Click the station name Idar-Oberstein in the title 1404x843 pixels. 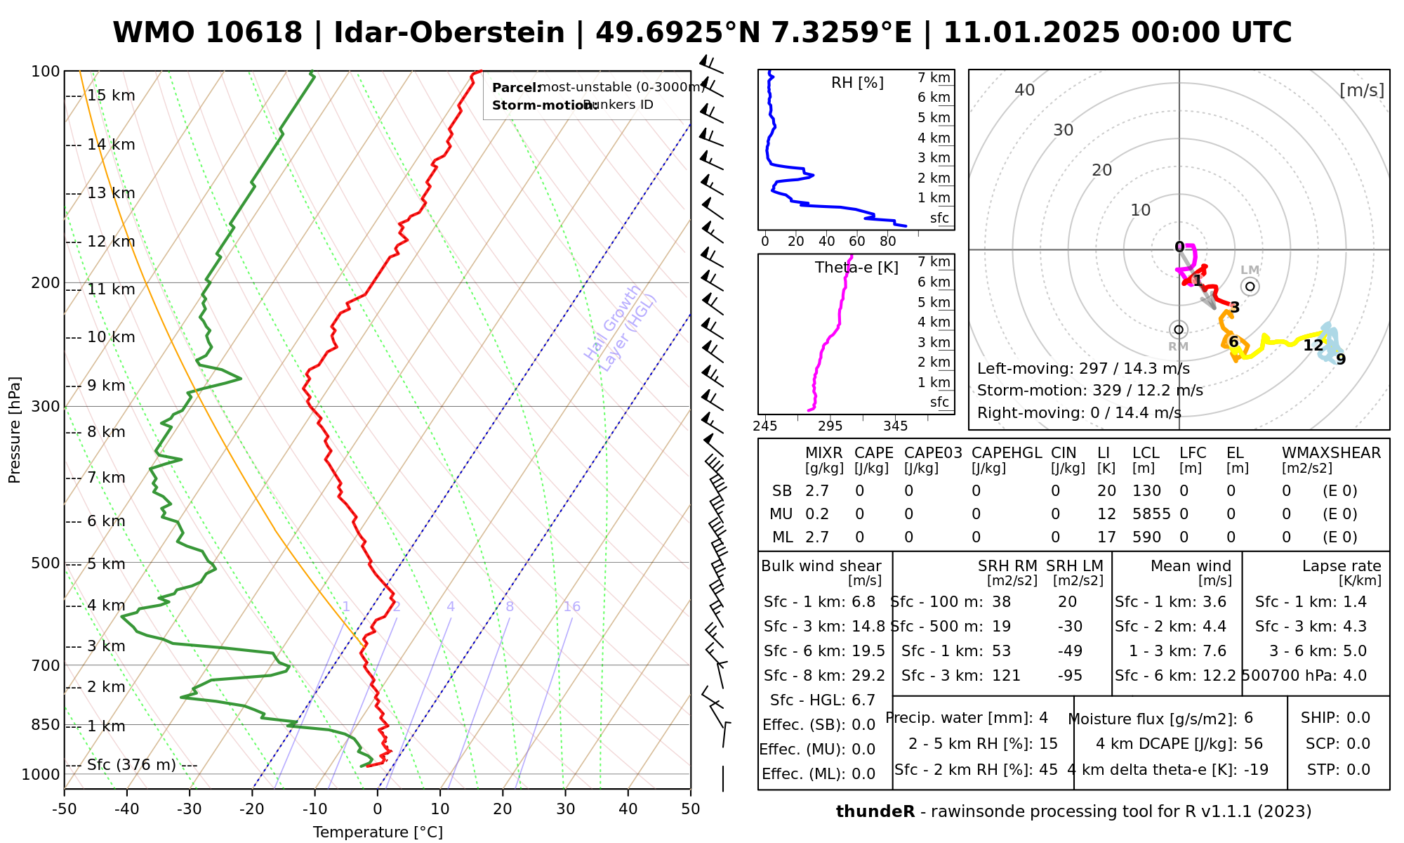coord(449,33)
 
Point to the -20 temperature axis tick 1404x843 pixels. coord(252,809)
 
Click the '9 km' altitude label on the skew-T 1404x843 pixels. coord(106,386)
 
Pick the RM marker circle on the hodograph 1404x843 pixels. coord(1179,329)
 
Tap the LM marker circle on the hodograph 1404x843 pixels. coord(1250,287)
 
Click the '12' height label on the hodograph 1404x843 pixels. coord(1313,346)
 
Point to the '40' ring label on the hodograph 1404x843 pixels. coord(1025,90)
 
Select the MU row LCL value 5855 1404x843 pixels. coord(1151,514)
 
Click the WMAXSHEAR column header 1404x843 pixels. coord(1331,453)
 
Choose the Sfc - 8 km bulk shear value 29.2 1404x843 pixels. coord(868,676)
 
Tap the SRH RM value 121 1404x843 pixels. coord(1006,676)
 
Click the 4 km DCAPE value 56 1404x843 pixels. coord(1253,744)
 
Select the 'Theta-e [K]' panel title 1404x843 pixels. coord(856,268)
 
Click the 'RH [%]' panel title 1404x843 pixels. coord(857,83)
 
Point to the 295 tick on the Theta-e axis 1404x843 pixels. coord(830,426)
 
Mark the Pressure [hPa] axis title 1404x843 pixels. coord(15,430)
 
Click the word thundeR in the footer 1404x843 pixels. coord(875,812)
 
